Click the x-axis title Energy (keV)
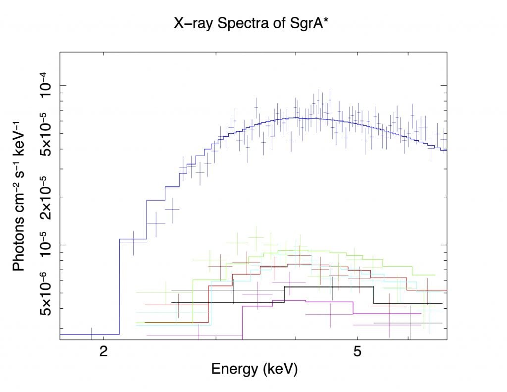254,369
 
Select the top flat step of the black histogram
328,286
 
